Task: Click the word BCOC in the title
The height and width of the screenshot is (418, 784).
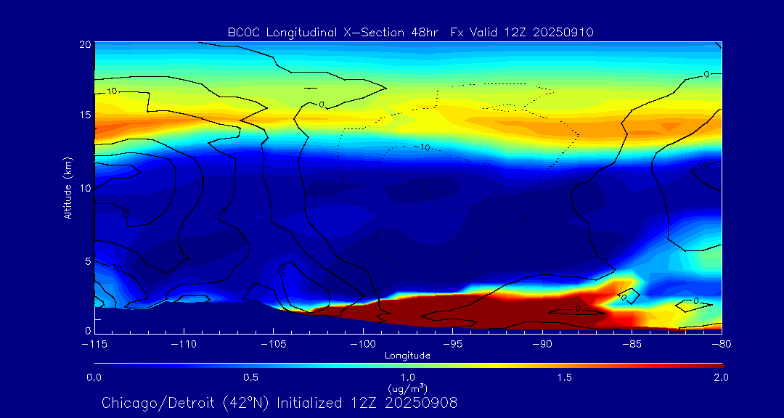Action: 243,32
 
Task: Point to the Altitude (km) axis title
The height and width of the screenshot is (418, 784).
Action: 68,187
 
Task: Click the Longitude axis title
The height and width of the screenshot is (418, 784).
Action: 408,356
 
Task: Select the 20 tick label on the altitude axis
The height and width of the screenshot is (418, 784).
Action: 83,44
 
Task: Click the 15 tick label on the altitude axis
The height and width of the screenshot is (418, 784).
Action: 83,115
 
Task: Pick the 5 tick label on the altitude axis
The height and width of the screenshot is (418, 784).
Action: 86,259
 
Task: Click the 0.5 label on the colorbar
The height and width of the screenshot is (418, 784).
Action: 251,377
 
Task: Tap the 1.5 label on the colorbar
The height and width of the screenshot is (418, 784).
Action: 565,377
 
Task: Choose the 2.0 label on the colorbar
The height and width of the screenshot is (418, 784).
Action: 721,377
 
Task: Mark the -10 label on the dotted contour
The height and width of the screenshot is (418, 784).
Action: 422,147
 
